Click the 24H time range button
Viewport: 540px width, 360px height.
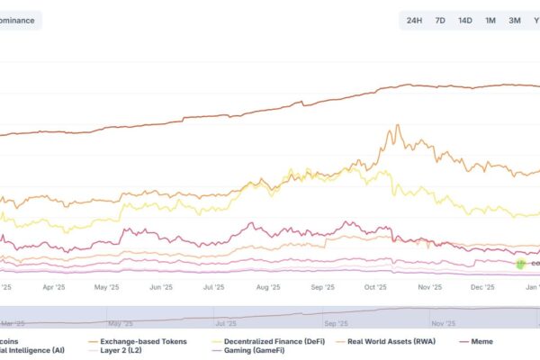pyautogui.click(x=414, y=20)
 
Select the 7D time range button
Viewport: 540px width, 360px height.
pyautogui.click(x=440, y=20)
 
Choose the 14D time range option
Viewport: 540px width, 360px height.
pyautogui.click(x=464, y=20)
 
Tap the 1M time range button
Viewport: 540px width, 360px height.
pyautogui.click(x=490, y=20)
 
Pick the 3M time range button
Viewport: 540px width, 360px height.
pyautogui.click(x=514, y=20)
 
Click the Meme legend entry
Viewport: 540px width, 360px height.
pyautogui.click(x=482, y=341)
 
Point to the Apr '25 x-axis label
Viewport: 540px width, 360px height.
pyautogui.click(x=54, y=288)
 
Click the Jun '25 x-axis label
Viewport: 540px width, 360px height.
pyautogui.click(x=161, y=288)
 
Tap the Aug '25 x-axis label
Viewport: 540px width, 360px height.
pyautogui.click(x=268, y=288)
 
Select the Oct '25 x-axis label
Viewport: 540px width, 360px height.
pyautogui.click(x=375, y=288)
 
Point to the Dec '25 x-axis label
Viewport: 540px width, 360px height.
pyautogui.click(x=483, y=288)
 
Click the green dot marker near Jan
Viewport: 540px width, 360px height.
pyautogui.click(x=520, y=263)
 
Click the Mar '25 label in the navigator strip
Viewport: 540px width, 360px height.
pyautogui.click(x=12, y=322)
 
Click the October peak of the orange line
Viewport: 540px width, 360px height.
pyautogui.click(x=394, y=126)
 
